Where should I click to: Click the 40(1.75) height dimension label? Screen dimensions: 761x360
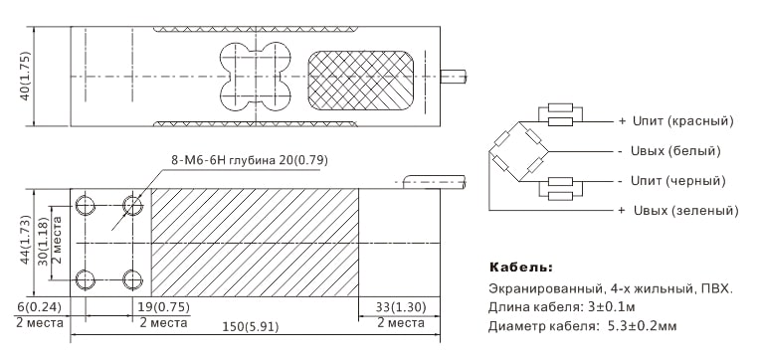tap(25, 77)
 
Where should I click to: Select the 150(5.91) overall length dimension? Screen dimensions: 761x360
tap(251, 327)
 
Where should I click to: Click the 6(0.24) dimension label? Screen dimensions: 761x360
tap(40, 307)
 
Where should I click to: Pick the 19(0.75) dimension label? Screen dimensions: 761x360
tap(164, 307)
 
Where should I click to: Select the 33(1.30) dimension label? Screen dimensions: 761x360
tap(401, 307)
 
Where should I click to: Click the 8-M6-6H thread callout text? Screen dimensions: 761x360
tap(249, 160)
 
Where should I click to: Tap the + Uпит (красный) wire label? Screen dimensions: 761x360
tap(676, 120)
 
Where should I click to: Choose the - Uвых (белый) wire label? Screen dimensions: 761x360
tap(669, 151)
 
